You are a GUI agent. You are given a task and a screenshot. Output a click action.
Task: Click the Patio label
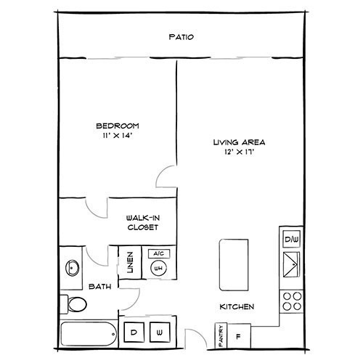tap(181, 37)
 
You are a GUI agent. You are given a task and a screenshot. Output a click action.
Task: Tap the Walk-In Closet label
tap(142, 222)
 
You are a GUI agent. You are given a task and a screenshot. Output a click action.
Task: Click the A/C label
tap(158, 253)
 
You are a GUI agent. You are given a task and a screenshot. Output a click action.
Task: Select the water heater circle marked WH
tap(158, 268)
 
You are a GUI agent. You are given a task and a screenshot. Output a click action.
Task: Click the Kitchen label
tap(237, 307)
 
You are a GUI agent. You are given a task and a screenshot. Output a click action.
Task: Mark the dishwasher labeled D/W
tap(291, 239)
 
